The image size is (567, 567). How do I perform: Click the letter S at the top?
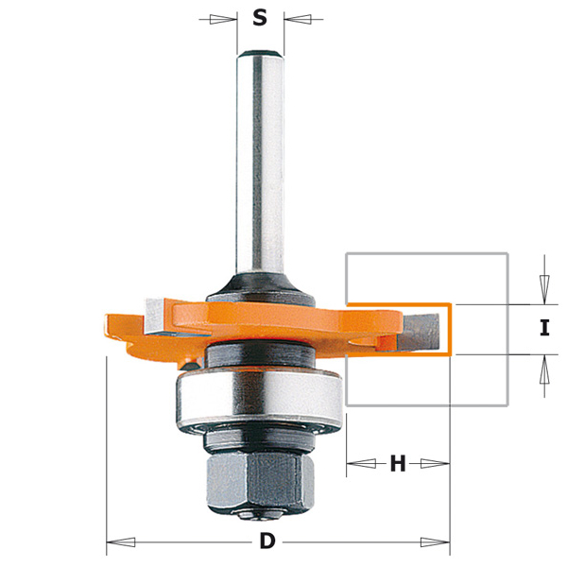click(x=260, y=18)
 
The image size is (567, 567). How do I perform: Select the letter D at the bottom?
click(x=267, y=541)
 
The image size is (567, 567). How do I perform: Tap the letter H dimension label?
click(x=398, y=463)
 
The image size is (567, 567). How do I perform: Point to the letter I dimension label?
click(x=543, y=329)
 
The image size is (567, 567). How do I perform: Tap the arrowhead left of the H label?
click(x=360, y=463)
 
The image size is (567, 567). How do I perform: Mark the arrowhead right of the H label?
click(x=436, y=463)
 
